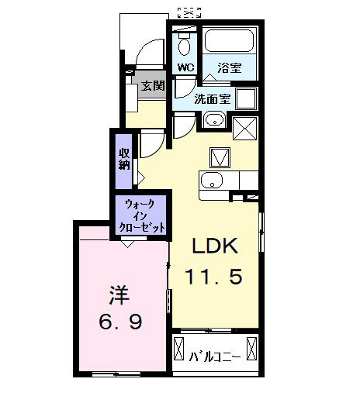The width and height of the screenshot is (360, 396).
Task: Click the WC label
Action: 185,67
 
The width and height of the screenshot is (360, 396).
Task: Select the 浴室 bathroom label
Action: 229,67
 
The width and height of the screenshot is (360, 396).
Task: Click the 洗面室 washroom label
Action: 210,98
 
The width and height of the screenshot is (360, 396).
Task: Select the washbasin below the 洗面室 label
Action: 213,120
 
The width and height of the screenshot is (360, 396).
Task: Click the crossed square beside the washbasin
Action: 244,124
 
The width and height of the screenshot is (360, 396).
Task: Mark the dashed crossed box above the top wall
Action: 189,11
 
